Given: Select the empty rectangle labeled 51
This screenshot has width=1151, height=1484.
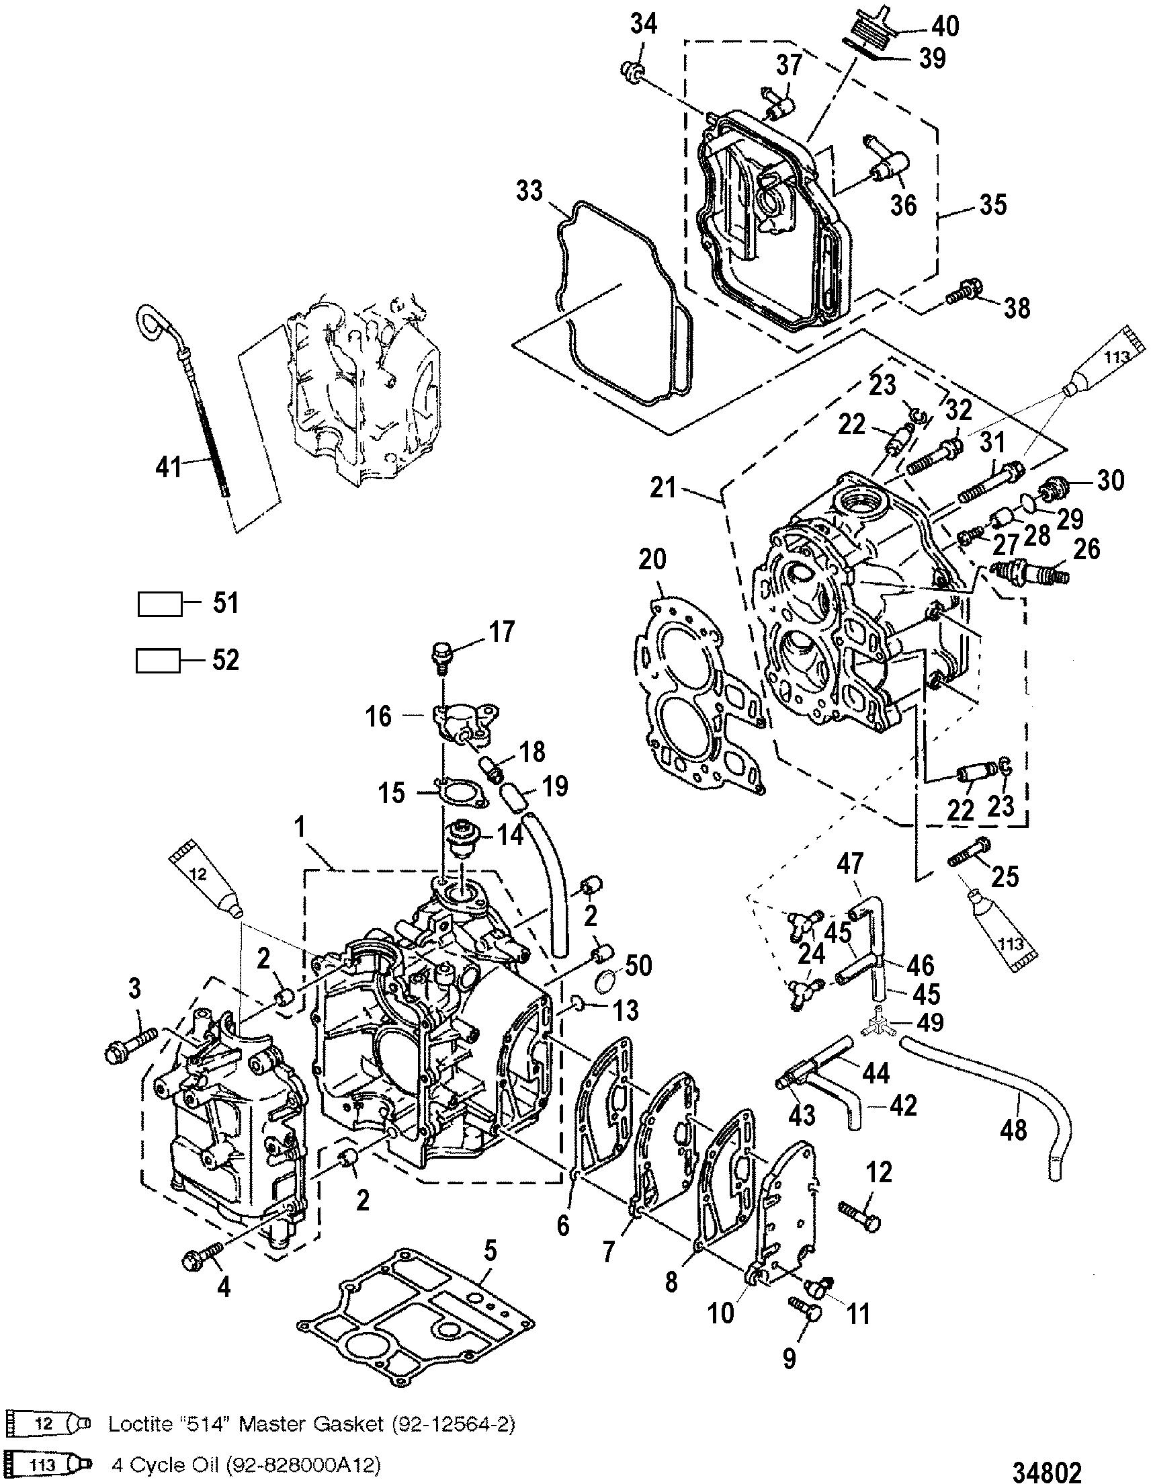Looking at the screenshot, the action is pos(161,604).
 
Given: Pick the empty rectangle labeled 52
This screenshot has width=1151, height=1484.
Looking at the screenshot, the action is pos(159,661).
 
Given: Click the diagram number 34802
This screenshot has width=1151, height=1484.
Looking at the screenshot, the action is pos(1046,1469).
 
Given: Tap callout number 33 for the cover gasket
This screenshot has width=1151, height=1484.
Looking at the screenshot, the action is pos(529,192).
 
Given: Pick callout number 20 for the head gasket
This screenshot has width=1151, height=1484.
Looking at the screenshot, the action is pos(652,560).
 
